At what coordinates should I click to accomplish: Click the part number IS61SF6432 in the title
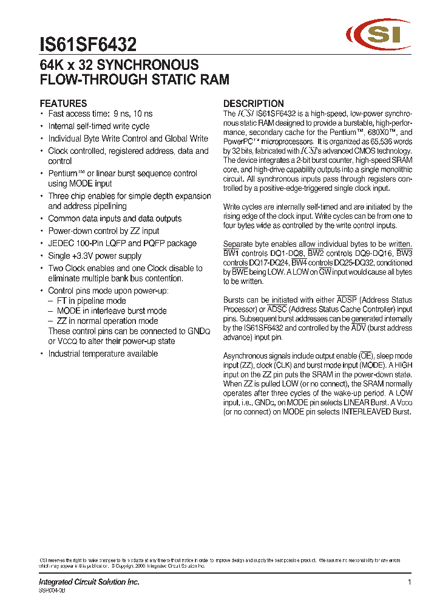[x=88, y=44]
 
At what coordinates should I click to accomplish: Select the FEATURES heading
[x=63, y=103]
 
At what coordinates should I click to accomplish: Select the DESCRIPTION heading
[x=254, y=103]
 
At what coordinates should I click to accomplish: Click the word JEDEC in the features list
[x=61, y=243]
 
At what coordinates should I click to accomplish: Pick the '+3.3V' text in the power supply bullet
[x=84, y=256]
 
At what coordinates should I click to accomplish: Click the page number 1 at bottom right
[x=410, y=582]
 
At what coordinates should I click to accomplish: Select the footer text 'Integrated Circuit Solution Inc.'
[x=89, y=582]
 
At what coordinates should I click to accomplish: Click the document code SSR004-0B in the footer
[x=52, y=590]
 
